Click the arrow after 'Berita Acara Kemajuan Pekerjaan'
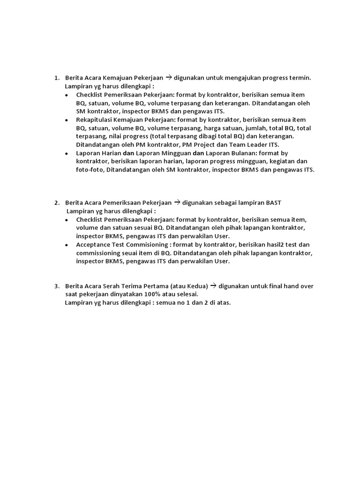(169, 78)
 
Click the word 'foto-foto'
(90, 170)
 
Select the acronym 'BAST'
(273, 202)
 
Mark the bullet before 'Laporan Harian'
(67, 154)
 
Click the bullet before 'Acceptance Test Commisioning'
(67, 245)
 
